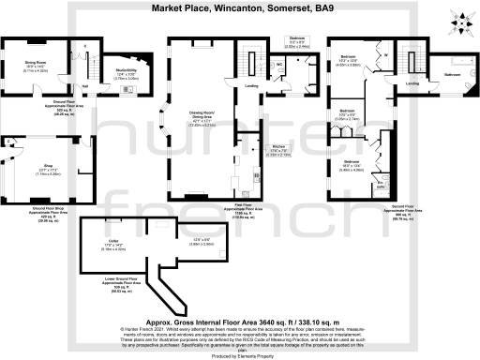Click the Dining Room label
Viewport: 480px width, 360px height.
click(x=36, y=66)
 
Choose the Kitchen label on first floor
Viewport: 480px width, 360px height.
click(x=277, y=146)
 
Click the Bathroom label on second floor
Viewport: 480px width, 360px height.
click(x=452, y=73)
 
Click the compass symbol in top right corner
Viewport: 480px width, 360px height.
click(x=459, y=19)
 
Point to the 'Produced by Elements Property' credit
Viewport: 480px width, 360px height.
click(x=239, y=356)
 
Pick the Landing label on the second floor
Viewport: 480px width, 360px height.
click(x=412, y=83)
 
